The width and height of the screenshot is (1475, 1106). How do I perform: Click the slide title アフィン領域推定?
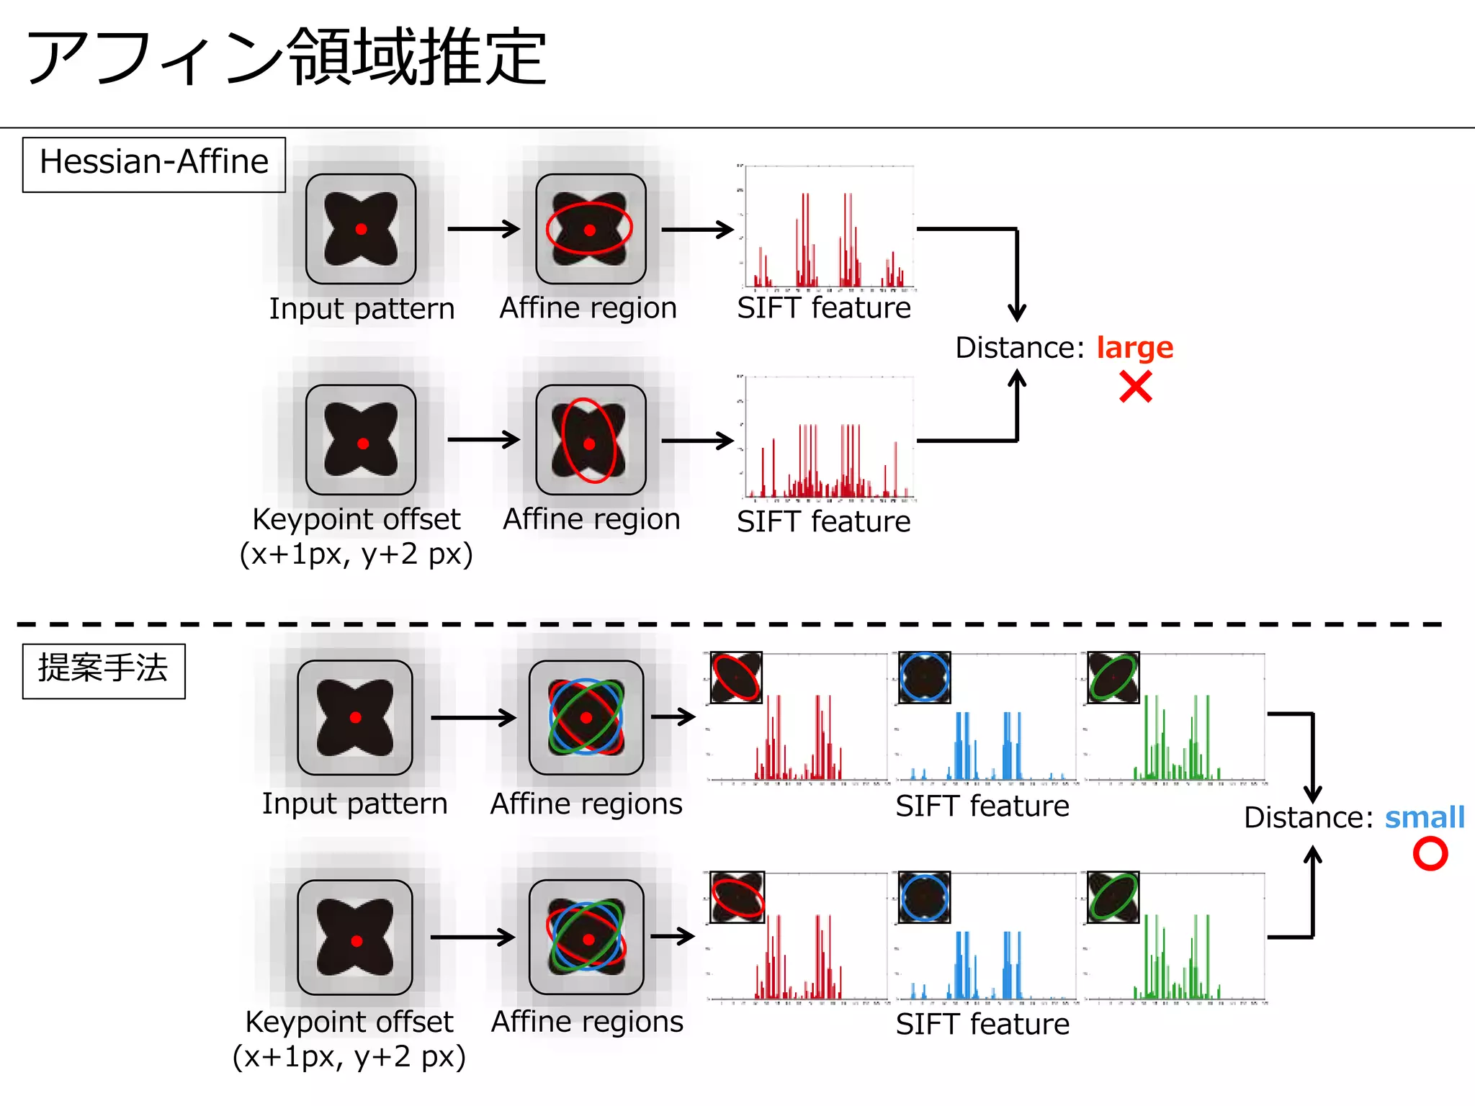(x=286, y=58)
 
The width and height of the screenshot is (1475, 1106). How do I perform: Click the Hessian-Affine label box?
(x=153, y=164)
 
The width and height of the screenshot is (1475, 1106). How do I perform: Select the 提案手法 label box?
(x=104, y=670)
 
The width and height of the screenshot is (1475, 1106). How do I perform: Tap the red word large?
(x=1134, y=348)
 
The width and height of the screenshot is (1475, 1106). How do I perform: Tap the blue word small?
(x=1424, y=817)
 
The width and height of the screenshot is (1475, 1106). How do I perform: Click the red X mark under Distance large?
(x=1136, y=387)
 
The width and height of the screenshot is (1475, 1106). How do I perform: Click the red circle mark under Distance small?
(x=1430, y=854)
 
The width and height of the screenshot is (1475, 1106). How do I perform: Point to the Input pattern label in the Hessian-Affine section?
(x=362, y=309)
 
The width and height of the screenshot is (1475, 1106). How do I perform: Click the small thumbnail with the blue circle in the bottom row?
(x=924, y=897)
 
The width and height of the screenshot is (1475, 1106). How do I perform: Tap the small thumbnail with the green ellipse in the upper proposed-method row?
(x=1113, y=678)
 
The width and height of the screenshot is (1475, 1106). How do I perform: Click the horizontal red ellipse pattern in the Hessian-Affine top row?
(x=591, y=229)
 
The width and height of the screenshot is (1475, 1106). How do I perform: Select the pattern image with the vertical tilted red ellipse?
(x=591, y=440)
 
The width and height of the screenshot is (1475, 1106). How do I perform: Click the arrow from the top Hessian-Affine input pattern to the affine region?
(x=483, y=229)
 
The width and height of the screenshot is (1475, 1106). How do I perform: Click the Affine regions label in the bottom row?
(x=586, y=1022)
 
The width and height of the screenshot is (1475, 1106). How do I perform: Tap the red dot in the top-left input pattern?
(x=362, y=229)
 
